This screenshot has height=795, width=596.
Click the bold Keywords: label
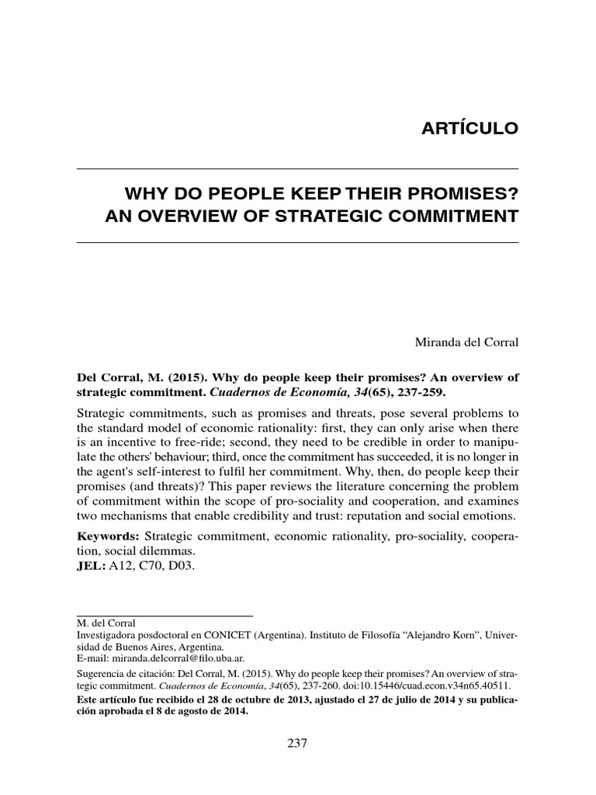pos(109,537)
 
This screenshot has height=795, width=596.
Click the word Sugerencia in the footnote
pos(105,674)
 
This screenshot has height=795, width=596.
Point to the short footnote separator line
pos(165,616)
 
